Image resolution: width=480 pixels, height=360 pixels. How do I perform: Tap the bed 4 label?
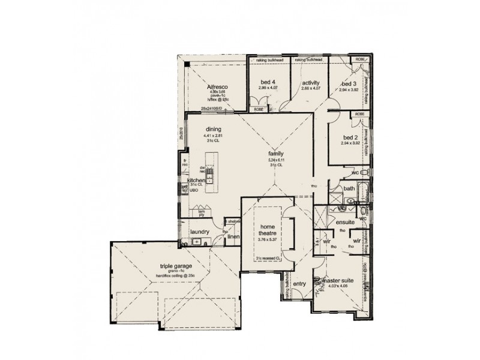[268, 83]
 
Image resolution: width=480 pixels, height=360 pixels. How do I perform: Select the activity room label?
[310, 83]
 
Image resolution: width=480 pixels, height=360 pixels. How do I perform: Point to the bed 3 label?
[349, 83]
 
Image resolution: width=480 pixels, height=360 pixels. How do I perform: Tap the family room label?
[275, 154]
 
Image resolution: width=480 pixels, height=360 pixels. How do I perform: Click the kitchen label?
[196, 180]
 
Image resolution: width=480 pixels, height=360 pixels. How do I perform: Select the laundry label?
[199, 231]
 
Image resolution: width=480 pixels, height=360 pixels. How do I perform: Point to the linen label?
[233, 236]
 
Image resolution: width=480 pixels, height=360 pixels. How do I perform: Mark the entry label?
[300, 284]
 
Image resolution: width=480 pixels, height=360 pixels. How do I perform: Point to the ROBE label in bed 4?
[259, 110]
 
